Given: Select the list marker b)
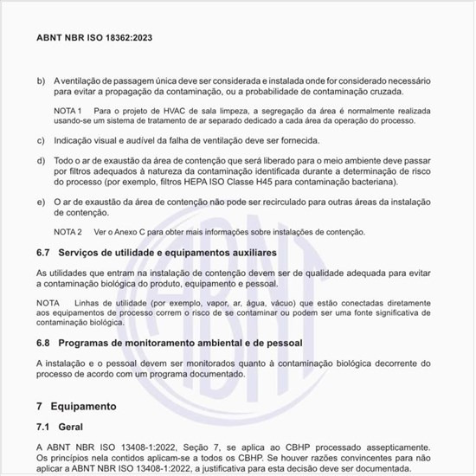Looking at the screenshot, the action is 41,80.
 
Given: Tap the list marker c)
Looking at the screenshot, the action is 41,140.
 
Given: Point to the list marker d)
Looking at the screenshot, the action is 41,161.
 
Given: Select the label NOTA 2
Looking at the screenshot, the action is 68,233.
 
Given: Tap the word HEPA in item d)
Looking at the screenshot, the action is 224,183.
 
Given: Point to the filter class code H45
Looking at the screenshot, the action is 286,183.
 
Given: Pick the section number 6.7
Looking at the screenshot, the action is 44,253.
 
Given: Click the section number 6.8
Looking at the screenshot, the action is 44,344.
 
